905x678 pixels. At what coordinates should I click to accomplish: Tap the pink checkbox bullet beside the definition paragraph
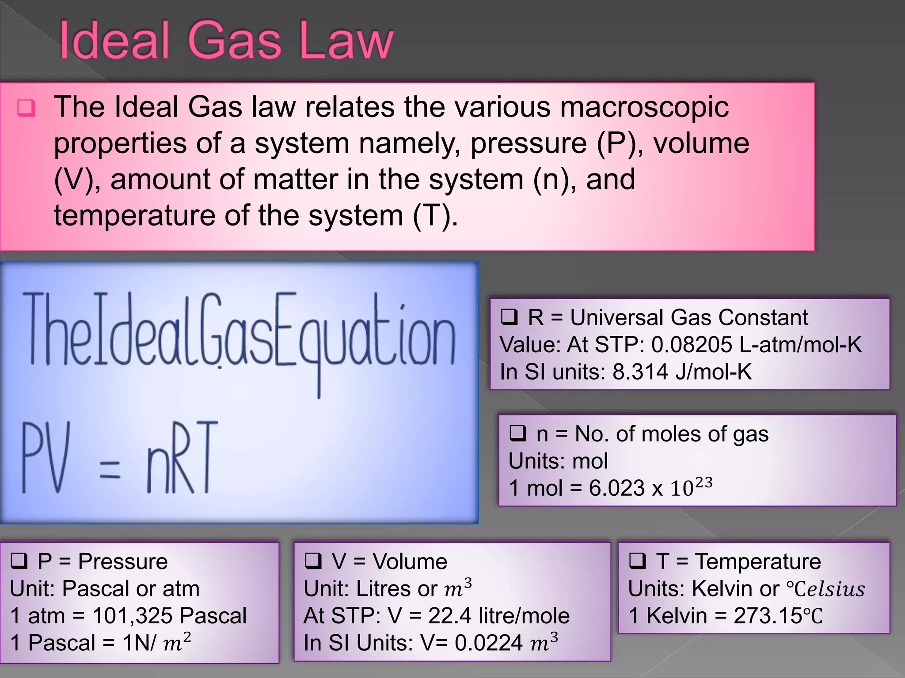click(x=26, y=108)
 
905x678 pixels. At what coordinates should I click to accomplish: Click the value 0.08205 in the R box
click(x=692, y=345)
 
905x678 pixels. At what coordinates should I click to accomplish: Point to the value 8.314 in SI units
click(x=640, y=372)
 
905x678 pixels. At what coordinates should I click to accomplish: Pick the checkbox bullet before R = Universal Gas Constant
click(x=509, y=317)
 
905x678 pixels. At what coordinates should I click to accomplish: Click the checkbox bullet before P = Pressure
click(x=19, y=561)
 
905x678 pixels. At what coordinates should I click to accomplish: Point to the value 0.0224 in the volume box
click(x=489, y=643)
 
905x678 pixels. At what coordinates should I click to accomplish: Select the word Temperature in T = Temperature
click(x=758, y=561)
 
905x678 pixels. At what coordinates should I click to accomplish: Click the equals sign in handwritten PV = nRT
click(x=110, y=469)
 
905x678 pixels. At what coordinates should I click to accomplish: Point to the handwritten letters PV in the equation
click(x=46, y=458)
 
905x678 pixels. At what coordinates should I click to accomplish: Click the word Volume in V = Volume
click(x=410, y=561)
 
